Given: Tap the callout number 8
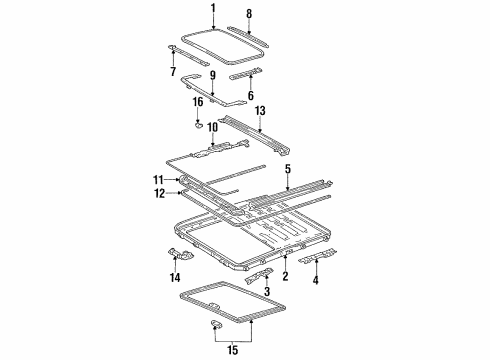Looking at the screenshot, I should tap(250, 15).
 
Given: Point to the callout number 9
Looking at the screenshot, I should tap(211, 75).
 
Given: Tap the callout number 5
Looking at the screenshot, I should tap(288, 169).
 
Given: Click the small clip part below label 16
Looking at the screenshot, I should tap(199, 126).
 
